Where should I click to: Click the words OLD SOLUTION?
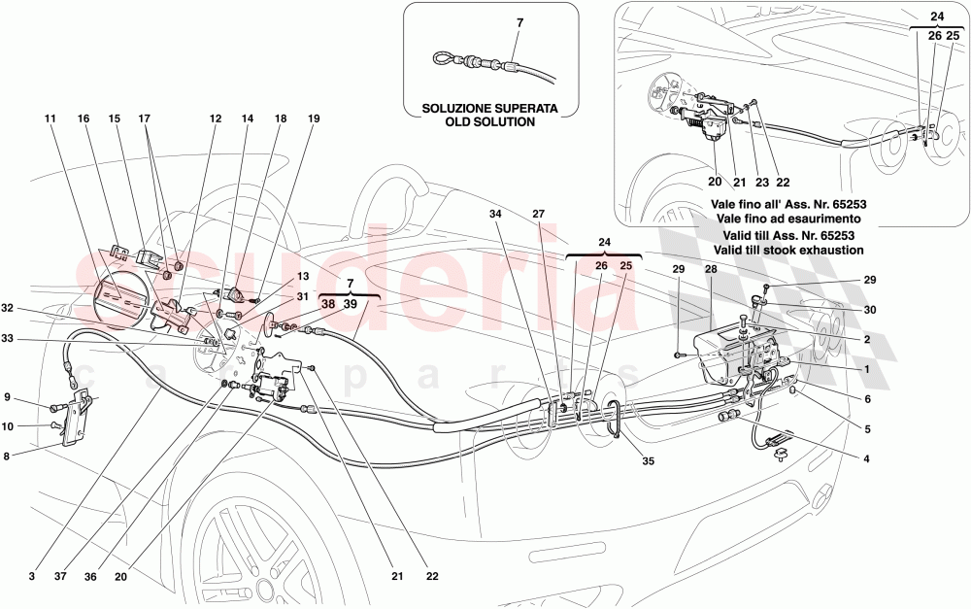pyautogui.click(x=490, y=122)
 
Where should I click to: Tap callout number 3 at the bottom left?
pyautogui.click(x=32, y=576)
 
